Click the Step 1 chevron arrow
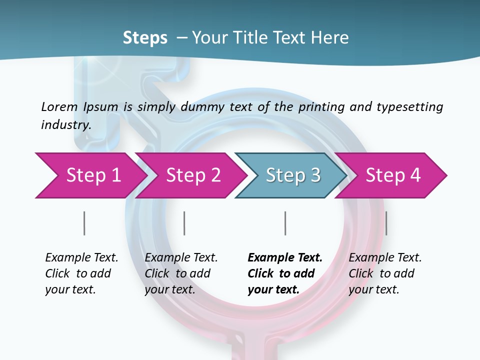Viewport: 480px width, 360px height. pos(90,175)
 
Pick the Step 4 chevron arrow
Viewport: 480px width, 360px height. pos(392,175)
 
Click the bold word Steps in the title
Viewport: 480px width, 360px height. pos(145,38)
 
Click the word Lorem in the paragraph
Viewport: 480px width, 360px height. pos(59,106)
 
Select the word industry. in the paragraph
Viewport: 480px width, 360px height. pos(66,125)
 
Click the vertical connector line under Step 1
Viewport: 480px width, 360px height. pos(84,223)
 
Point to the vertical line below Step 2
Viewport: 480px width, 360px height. pos(184,223)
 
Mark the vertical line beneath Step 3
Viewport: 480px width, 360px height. pos(285,223)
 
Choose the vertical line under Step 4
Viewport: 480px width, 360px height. pos(386,223)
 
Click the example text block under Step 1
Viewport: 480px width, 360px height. pos(81,273)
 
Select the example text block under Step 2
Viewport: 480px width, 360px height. pos(180,273)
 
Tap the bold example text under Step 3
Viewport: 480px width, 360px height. pos(284,273)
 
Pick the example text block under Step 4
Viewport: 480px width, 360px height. pos(384,273)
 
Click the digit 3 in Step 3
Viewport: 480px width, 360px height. pos(314,175)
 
